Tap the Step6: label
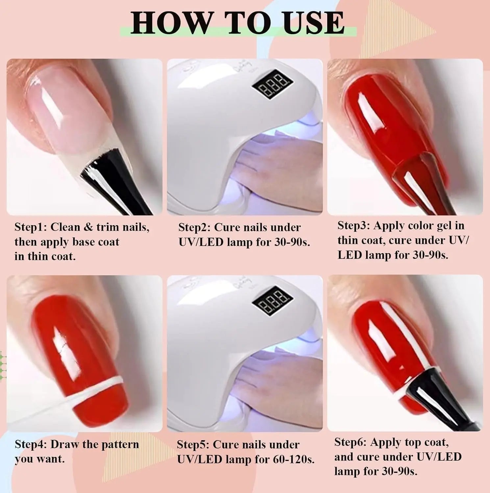tap(351, 442)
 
